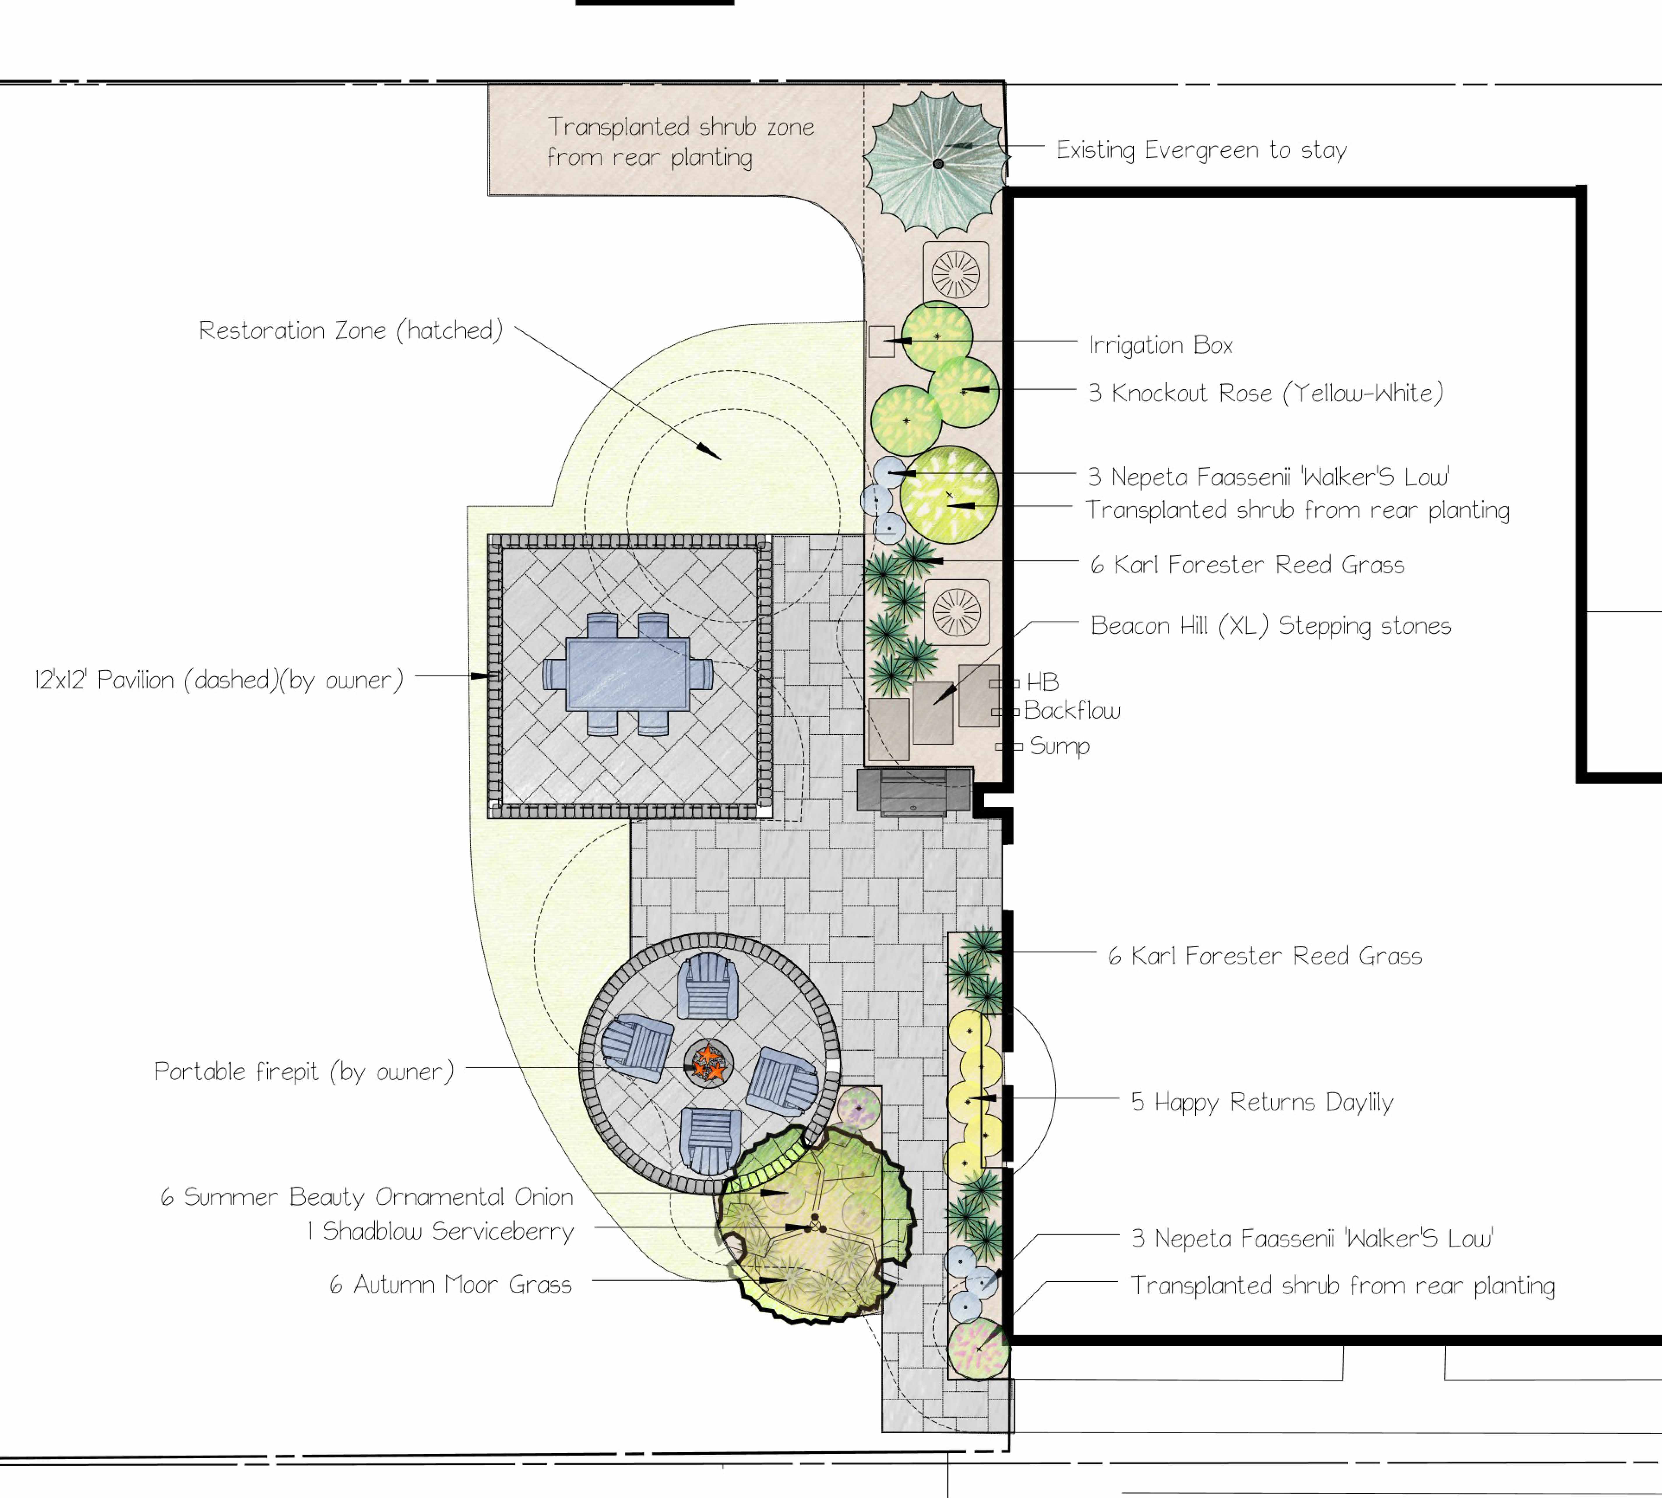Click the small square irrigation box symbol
click(882, 342)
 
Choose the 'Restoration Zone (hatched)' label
click(351, 330)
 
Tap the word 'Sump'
click(1059, 747)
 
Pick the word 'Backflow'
click(1072, 710)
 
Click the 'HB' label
click(1042, 682)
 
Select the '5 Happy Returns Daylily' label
click(1262, 1102)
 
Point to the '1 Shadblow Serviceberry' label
click(440, 1231)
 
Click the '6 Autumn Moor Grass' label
click(450, 1285)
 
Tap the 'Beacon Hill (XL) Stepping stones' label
click(1271, 626)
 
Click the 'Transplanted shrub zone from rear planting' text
click(681, 142)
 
